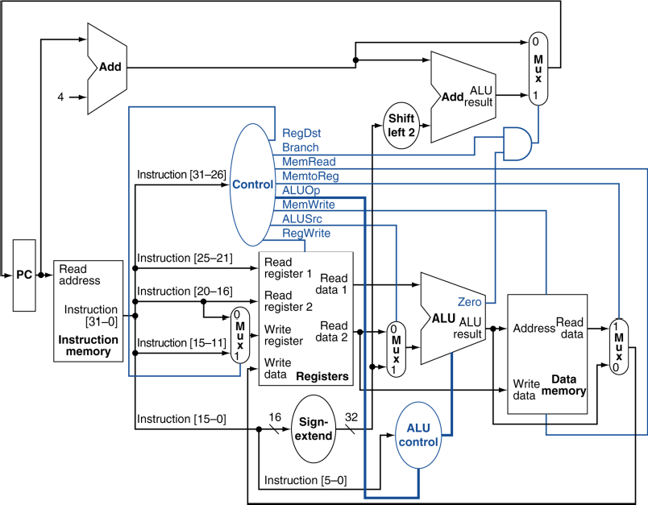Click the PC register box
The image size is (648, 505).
click(x=24, y=275)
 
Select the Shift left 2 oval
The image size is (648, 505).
click(x=401, y=126)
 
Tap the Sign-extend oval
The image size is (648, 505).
click(x=314, y=429)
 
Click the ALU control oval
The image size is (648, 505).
click(x=418, y=435)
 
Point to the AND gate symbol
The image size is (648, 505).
click(x=517, y=143)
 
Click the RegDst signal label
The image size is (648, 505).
click(x=301, y=134)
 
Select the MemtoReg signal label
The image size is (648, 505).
click(x=310, y=176)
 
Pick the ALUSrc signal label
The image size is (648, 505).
click(x=302, y=219)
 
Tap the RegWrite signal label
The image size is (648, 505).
click(x=306, y=234)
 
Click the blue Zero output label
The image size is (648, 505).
click(x=469, y=302)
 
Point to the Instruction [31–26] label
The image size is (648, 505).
click(x=181, y=175)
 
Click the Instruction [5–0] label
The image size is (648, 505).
click(x=305, y=480)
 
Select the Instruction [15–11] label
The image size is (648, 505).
click(x=181, y=343)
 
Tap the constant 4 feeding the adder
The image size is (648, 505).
click(x=60, y=97)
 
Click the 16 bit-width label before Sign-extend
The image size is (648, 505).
click(x=275, y=417)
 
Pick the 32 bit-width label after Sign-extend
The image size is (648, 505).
click(x=351, y=417)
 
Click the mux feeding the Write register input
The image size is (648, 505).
click(x=240, y=335)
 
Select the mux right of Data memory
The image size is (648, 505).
click(x=619, y=347)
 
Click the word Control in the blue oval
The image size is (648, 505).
click(x=252, y=184)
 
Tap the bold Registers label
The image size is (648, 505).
click(x=322, y=377)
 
